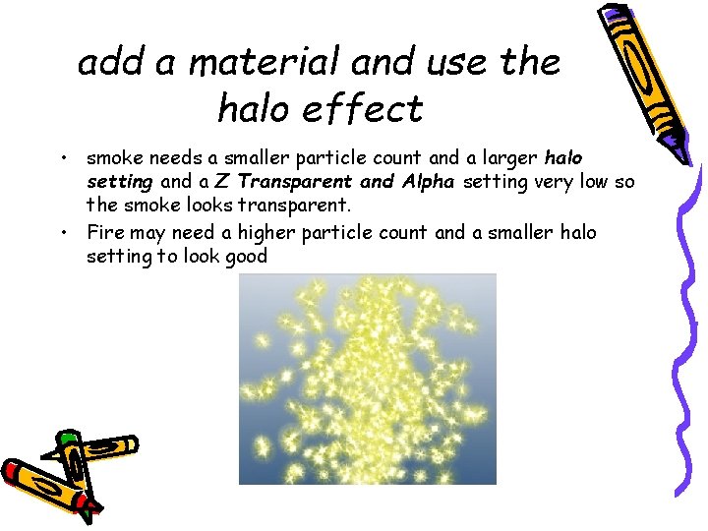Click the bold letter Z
click(x=220, y=182)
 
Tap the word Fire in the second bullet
click(x=106, y=232)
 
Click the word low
click(x=607, y=182)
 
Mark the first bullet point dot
click(x=63, y=157)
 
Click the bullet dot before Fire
click(x=63, y=232)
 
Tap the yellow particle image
click(x=368, y=379)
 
